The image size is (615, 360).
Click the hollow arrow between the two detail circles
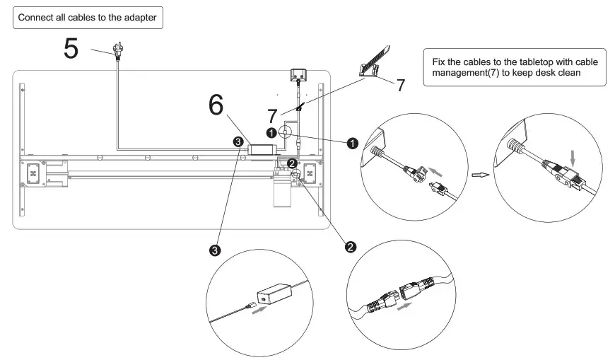tap(481, 173)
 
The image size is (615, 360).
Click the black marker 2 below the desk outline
tap(349, 246)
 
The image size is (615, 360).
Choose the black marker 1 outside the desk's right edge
tap(351, 143)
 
